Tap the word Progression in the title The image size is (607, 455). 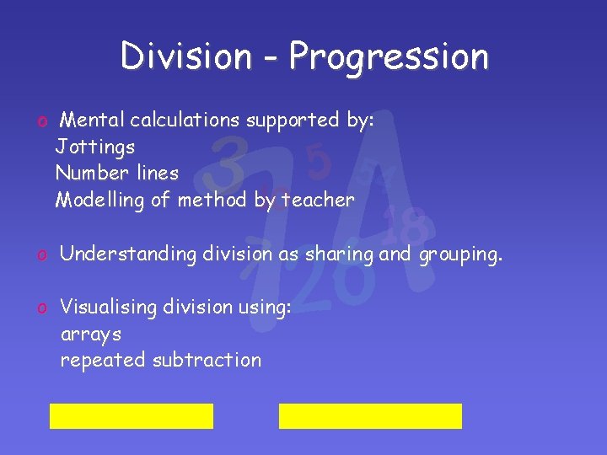pos(389,57)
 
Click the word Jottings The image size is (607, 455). pos(95,147)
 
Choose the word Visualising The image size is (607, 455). pos(109,308)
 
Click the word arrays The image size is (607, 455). pos(91,335)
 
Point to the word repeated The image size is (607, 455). pos(103,361)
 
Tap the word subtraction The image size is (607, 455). pos(207,360)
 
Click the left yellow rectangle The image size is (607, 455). pos(132,416)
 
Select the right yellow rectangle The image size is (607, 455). pos(370,416)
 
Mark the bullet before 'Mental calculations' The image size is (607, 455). pos(40,121)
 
